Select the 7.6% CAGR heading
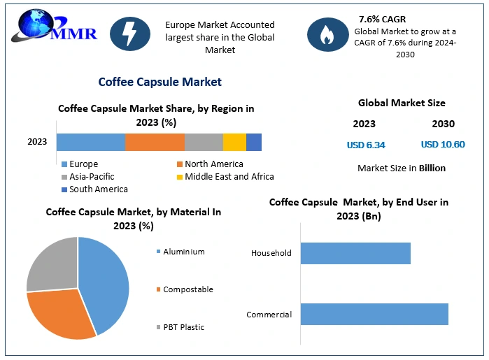click(382, 19)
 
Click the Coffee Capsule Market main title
click(160, 82)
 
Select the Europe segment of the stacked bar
click(90, 142)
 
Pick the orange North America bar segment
click(155, 142)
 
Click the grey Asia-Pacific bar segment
click(204, 142)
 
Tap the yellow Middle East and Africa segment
click(234, 142)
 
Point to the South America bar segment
click(254, 142)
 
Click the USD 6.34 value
click(366, 145)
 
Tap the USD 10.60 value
click(442, 145)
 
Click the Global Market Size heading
click(402, 103)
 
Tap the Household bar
click(355, 253)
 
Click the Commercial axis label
click(269, 315)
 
